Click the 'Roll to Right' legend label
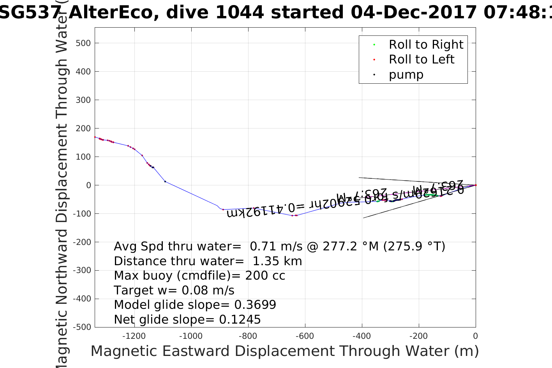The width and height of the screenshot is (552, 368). coord(426,45)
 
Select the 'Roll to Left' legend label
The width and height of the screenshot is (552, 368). coord(421,60)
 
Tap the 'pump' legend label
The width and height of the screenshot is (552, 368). coord(406,74)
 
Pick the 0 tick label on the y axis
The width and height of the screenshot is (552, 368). coord(88,185)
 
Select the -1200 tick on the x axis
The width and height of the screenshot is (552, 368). coord(134,336)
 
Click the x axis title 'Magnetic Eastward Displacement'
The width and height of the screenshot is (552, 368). coord(212,351)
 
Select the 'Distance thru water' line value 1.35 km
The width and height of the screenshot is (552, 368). coord(277,261)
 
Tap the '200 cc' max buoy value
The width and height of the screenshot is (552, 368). coord(265,276)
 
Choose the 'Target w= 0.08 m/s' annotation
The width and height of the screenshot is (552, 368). coord(174,291)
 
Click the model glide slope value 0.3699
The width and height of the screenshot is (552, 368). coord(255,305)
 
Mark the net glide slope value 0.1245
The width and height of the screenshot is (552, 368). coord(240,320)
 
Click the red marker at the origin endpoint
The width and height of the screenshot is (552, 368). coord(476,185)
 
